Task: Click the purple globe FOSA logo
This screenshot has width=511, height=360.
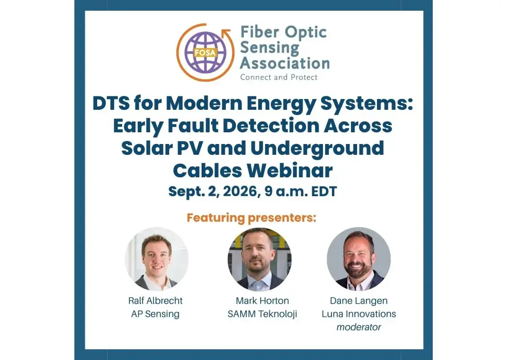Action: click(205, 52)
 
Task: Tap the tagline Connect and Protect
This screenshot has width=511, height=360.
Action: click(278, 77)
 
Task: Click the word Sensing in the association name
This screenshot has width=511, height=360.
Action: click(269, 48)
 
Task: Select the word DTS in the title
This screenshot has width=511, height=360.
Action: click(111, 103)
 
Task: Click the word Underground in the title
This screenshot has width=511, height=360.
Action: click(317, 148)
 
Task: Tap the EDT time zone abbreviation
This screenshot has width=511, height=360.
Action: click(324, 191)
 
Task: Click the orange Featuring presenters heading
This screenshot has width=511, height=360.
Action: click(251, 217)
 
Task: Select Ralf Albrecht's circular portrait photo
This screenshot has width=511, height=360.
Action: click(157, 259)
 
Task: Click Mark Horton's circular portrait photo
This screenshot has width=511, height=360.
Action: click(260, 259)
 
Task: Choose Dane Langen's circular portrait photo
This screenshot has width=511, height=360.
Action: click(359, 259)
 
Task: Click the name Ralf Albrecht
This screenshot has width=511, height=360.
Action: click(156, 300)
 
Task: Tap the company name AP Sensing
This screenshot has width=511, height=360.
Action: click(155, 314)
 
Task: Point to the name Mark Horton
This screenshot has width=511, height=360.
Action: click(262, 300)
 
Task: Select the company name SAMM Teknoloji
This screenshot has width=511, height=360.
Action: click(262, 314)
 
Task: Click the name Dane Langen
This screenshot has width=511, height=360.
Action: click(359, 301)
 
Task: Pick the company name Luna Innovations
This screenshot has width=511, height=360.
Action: click(359, 314)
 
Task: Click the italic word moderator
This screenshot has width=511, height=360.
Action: click(359, 327)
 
